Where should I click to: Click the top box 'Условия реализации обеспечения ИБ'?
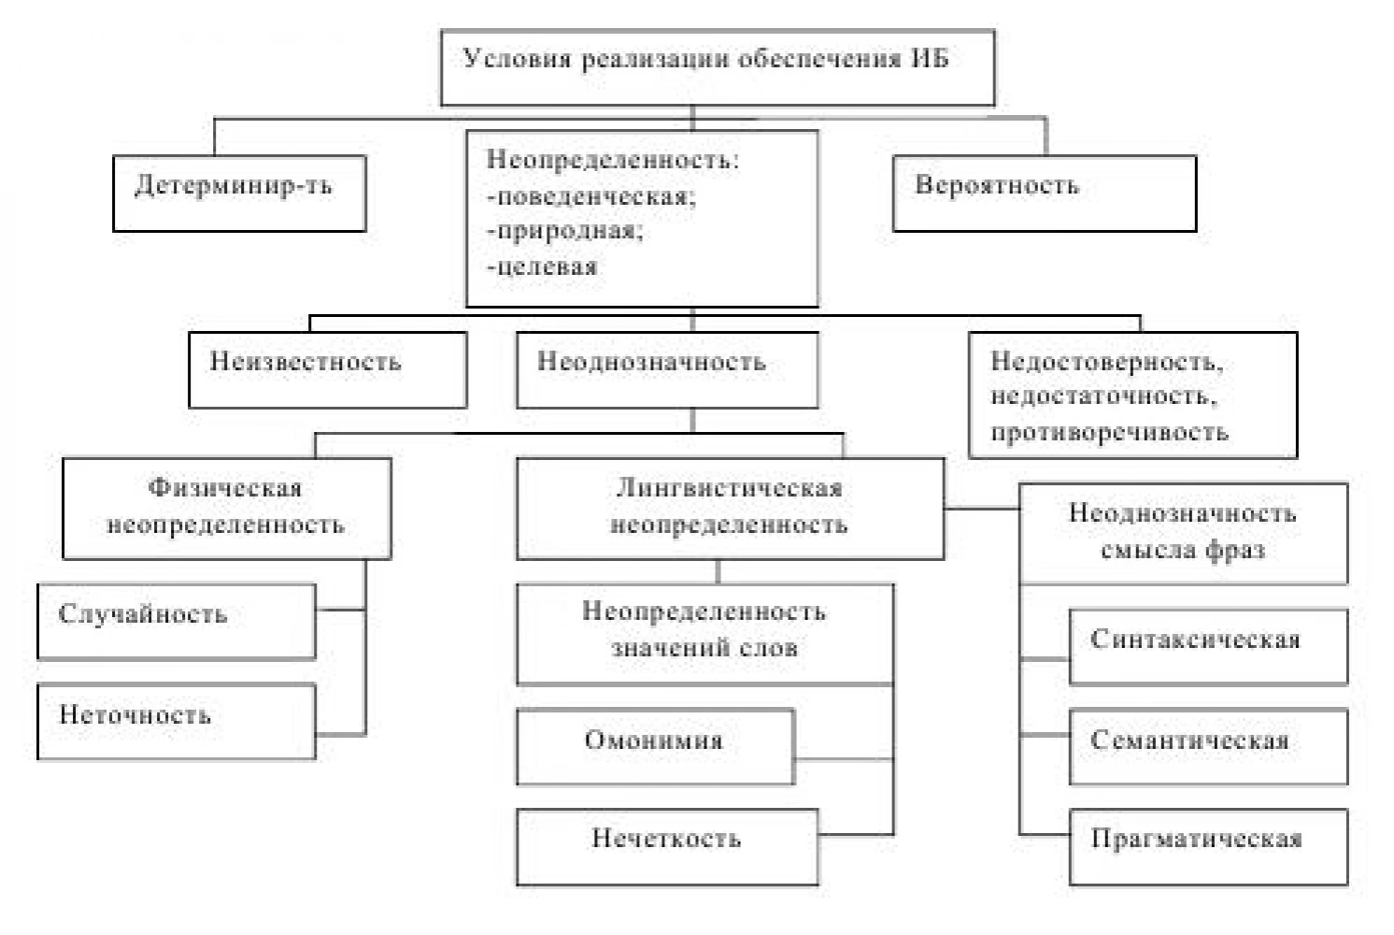718,68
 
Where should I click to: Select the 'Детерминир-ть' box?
239,194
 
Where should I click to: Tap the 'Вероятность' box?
1045,194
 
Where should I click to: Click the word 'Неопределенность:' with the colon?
613,160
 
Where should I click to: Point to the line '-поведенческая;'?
591,197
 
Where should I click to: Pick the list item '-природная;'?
565,231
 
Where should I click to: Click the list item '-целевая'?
542,266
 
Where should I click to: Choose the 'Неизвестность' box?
328,370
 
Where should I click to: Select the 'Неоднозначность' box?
667,370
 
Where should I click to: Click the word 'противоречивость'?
1110,432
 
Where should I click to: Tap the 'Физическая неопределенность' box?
227,509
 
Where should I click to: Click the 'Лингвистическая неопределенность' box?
730,509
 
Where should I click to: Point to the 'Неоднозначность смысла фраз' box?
1184,534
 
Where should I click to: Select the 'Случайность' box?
177,621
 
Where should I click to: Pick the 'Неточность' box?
177,721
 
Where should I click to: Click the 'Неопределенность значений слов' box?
705,634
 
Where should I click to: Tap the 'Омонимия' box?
655,747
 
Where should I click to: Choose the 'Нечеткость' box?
667,847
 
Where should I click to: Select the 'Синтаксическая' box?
1209,647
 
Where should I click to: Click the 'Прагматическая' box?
1209,847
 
